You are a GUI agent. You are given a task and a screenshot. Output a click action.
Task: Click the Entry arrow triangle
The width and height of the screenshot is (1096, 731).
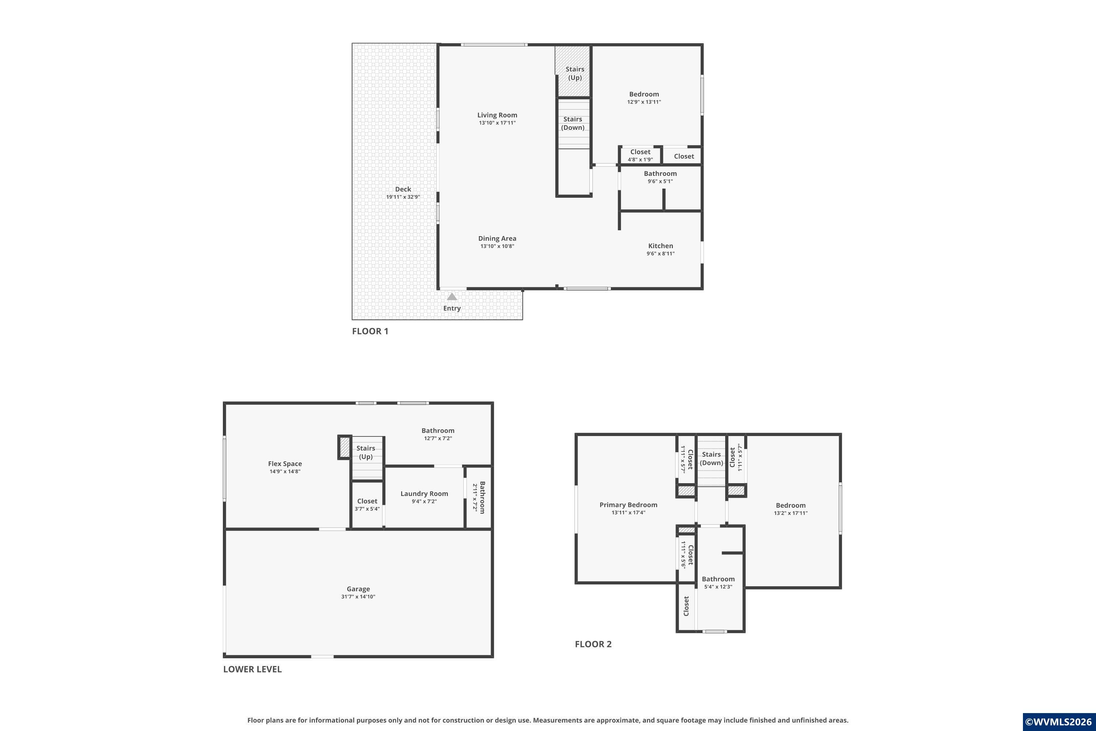pyautogui.click(x=452, y=296)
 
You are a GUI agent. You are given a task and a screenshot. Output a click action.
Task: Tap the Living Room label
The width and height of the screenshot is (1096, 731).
pyautogui.click(x=497, y=115)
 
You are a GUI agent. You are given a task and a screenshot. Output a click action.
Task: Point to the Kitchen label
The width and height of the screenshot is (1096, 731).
pyautogui.click(x=660, y=246)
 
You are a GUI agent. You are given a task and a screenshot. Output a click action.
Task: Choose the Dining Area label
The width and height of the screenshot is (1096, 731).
pyautogui.click(x=497, y=238)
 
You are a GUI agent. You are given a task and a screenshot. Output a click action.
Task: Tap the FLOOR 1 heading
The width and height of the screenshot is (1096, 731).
pyautogui.click(x=370, y=331)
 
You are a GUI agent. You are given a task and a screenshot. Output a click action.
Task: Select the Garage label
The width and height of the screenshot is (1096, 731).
pyautogui.click(x=358, y=589)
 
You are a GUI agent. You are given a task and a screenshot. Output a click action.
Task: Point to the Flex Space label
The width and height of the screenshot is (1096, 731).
pyautogui.click(x=285, y=463)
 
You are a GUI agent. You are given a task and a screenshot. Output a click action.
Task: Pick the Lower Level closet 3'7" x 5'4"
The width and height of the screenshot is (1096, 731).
pyautogui.click(x=367, y=504)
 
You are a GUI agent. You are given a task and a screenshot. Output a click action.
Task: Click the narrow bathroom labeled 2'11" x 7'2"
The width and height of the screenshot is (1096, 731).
pyautogui.click(x=479, y=497)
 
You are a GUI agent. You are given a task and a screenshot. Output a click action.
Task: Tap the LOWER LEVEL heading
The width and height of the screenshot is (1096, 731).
pyautogui.click(x=252, y=669)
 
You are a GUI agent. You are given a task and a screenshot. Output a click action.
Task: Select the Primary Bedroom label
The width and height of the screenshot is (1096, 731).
pyautogui.click(x=628, y=505)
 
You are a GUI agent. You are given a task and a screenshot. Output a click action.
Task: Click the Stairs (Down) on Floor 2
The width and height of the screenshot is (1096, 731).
pyautogui.click(x=711, y=459)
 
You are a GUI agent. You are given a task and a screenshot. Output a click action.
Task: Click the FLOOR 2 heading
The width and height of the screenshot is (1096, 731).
pyautogui.click(x=593, y=644)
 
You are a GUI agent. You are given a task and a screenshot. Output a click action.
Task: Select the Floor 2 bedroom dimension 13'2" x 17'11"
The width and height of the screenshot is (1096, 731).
pyautogui.click(x=790, y=513)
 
